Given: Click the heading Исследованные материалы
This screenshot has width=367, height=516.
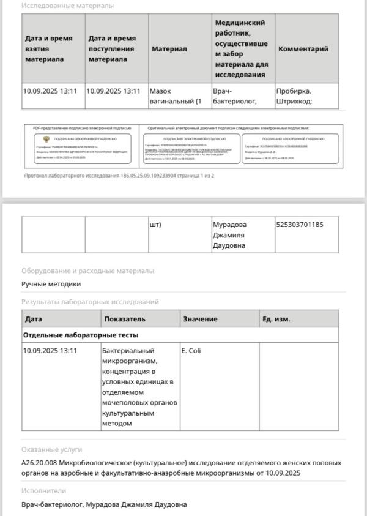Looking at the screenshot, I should (67, 6).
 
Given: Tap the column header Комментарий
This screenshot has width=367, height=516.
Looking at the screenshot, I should (303, 49).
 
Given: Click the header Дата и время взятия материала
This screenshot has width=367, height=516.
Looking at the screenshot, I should (49, 49).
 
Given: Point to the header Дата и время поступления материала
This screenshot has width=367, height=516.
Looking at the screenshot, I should (112, 49).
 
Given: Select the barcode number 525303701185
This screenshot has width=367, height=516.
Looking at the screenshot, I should (300, 225).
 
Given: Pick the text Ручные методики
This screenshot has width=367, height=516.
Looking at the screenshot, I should (51, 284).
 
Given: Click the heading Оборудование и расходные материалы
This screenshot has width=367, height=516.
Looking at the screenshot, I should (87, 271).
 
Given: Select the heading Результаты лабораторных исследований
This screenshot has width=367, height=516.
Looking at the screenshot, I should (90, 302).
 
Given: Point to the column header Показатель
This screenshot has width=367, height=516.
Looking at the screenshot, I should (125, 319).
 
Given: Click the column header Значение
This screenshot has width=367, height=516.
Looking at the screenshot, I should (200, 319).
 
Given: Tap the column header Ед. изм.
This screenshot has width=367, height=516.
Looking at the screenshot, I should (276, 319).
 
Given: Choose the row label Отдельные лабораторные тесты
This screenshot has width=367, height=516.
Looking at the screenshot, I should (81, 335).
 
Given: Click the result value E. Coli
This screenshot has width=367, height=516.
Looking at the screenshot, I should (191, 351).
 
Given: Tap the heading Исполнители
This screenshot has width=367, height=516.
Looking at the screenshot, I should (43, 491).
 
